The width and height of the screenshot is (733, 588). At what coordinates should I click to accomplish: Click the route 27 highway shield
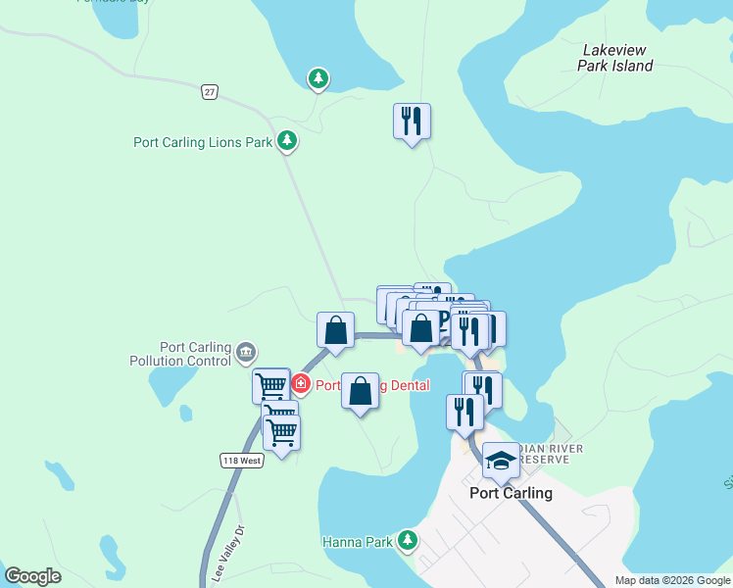(x=209, y=91)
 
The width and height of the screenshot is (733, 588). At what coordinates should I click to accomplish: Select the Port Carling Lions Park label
(x=202, y=142)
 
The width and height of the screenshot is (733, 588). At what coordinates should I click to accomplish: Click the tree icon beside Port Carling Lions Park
(x=287, y=141)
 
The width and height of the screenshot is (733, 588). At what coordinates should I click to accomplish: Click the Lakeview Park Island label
(x=617, y=57)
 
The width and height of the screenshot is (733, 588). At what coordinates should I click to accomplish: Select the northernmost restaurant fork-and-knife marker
(x=412, y=121)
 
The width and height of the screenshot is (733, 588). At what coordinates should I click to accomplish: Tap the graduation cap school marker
(x=501, y=461)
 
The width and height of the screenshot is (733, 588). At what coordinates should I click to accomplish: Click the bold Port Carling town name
(x=511, y=493)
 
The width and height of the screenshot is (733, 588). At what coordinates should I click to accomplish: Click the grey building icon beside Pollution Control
(x=245, y=351)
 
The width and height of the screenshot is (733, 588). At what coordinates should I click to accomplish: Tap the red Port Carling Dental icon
(x=301, y=384)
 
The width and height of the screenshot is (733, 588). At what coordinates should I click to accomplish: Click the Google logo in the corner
(x=32, y=576)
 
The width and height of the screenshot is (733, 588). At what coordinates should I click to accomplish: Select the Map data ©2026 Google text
(x=672, y=580)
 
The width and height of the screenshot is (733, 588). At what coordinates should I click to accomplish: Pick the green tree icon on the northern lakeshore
(x=318, y=77)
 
